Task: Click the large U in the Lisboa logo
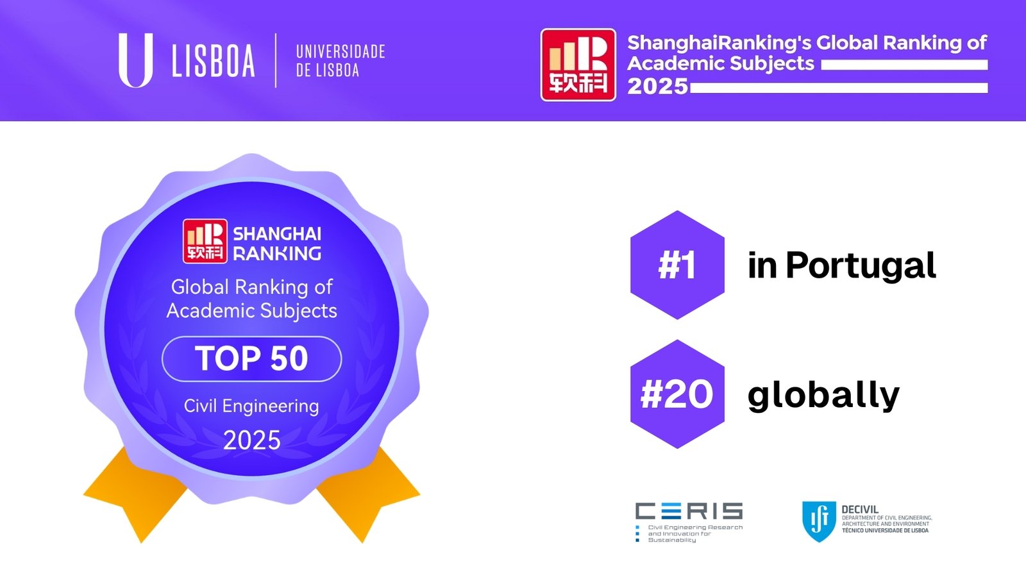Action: coord(135,60)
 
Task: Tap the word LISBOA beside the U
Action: coord(213,61)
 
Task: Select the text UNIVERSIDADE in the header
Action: coord(341,52)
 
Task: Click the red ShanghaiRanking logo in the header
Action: coord(578,65)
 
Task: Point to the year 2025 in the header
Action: coord(658,86)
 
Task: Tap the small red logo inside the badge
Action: coord(205,241)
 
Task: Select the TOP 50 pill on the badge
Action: coord(251,358)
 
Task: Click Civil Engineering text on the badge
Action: coord(251,406)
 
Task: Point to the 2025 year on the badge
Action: coord(251,440)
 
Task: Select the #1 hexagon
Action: coord(677,265)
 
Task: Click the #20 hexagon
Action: coord(677,394)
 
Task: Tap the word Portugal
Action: coord(861,266)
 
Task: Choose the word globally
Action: coord(823,395)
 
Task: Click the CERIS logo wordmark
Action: coord(689,511)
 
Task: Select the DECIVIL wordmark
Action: coord(860,509)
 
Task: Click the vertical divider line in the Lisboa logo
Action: coord(275,60)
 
